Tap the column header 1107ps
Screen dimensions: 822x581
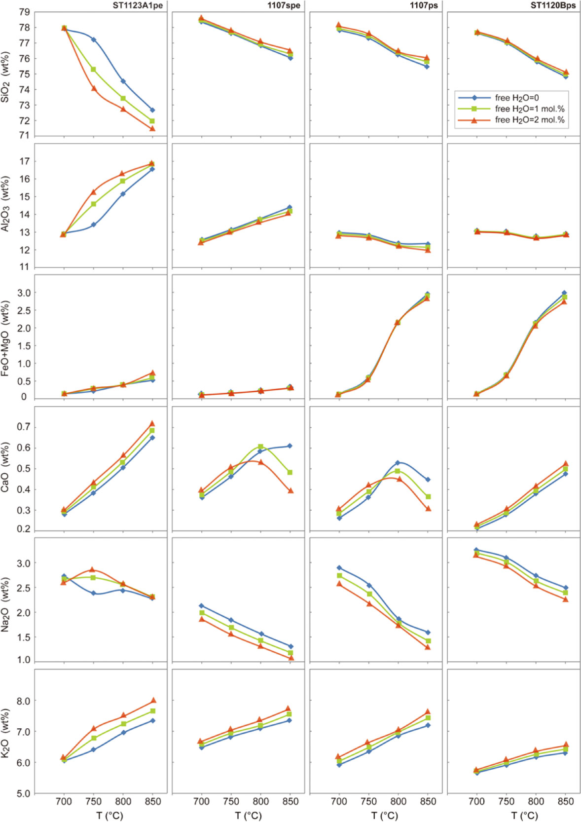[424, 5]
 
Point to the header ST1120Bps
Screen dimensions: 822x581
[553, 5]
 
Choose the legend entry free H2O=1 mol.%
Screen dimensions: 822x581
[530, 109]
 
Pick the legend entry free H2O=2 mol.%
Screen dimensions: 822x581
[530, 120]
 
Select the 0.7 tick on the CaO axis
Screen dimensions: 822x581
[23, 427]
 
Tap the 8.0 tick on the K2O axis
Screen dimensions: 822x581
[23, 701]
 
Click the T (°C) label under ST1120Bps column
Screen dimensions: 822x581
[524, 816]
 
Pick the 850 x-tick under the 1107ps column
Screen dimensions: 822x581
[428, 801]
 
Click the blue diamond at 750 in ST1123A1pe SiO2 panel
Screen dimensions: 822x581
[94, 39]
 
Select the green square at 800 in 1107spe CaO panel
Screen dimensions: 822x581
[260, 447]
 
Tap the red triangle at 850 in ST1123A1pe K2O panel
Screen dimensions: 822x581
[153, 700]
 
